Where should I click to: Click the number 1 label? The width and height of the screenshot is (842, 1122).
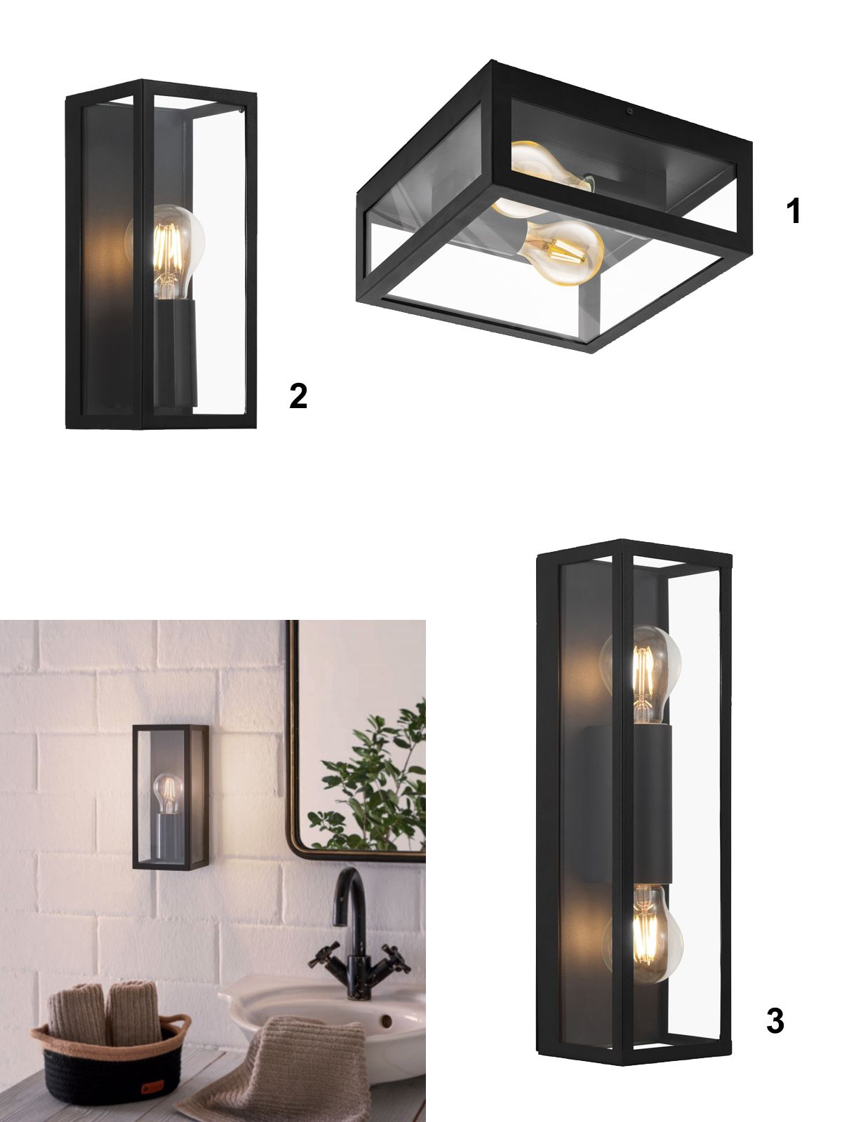[x=793, y=211]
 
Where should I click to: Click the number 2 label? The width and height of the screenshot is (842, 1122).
[x=298, y=396]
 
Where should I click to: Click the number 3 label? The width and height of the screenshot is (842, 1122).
[x=775, y=1021]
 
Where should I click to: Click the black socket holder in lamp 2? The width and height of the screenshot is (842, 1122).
[x=175, y=353]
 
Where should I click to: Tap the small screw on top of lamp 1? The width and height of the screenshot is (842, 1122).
[x=630, y=111]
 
